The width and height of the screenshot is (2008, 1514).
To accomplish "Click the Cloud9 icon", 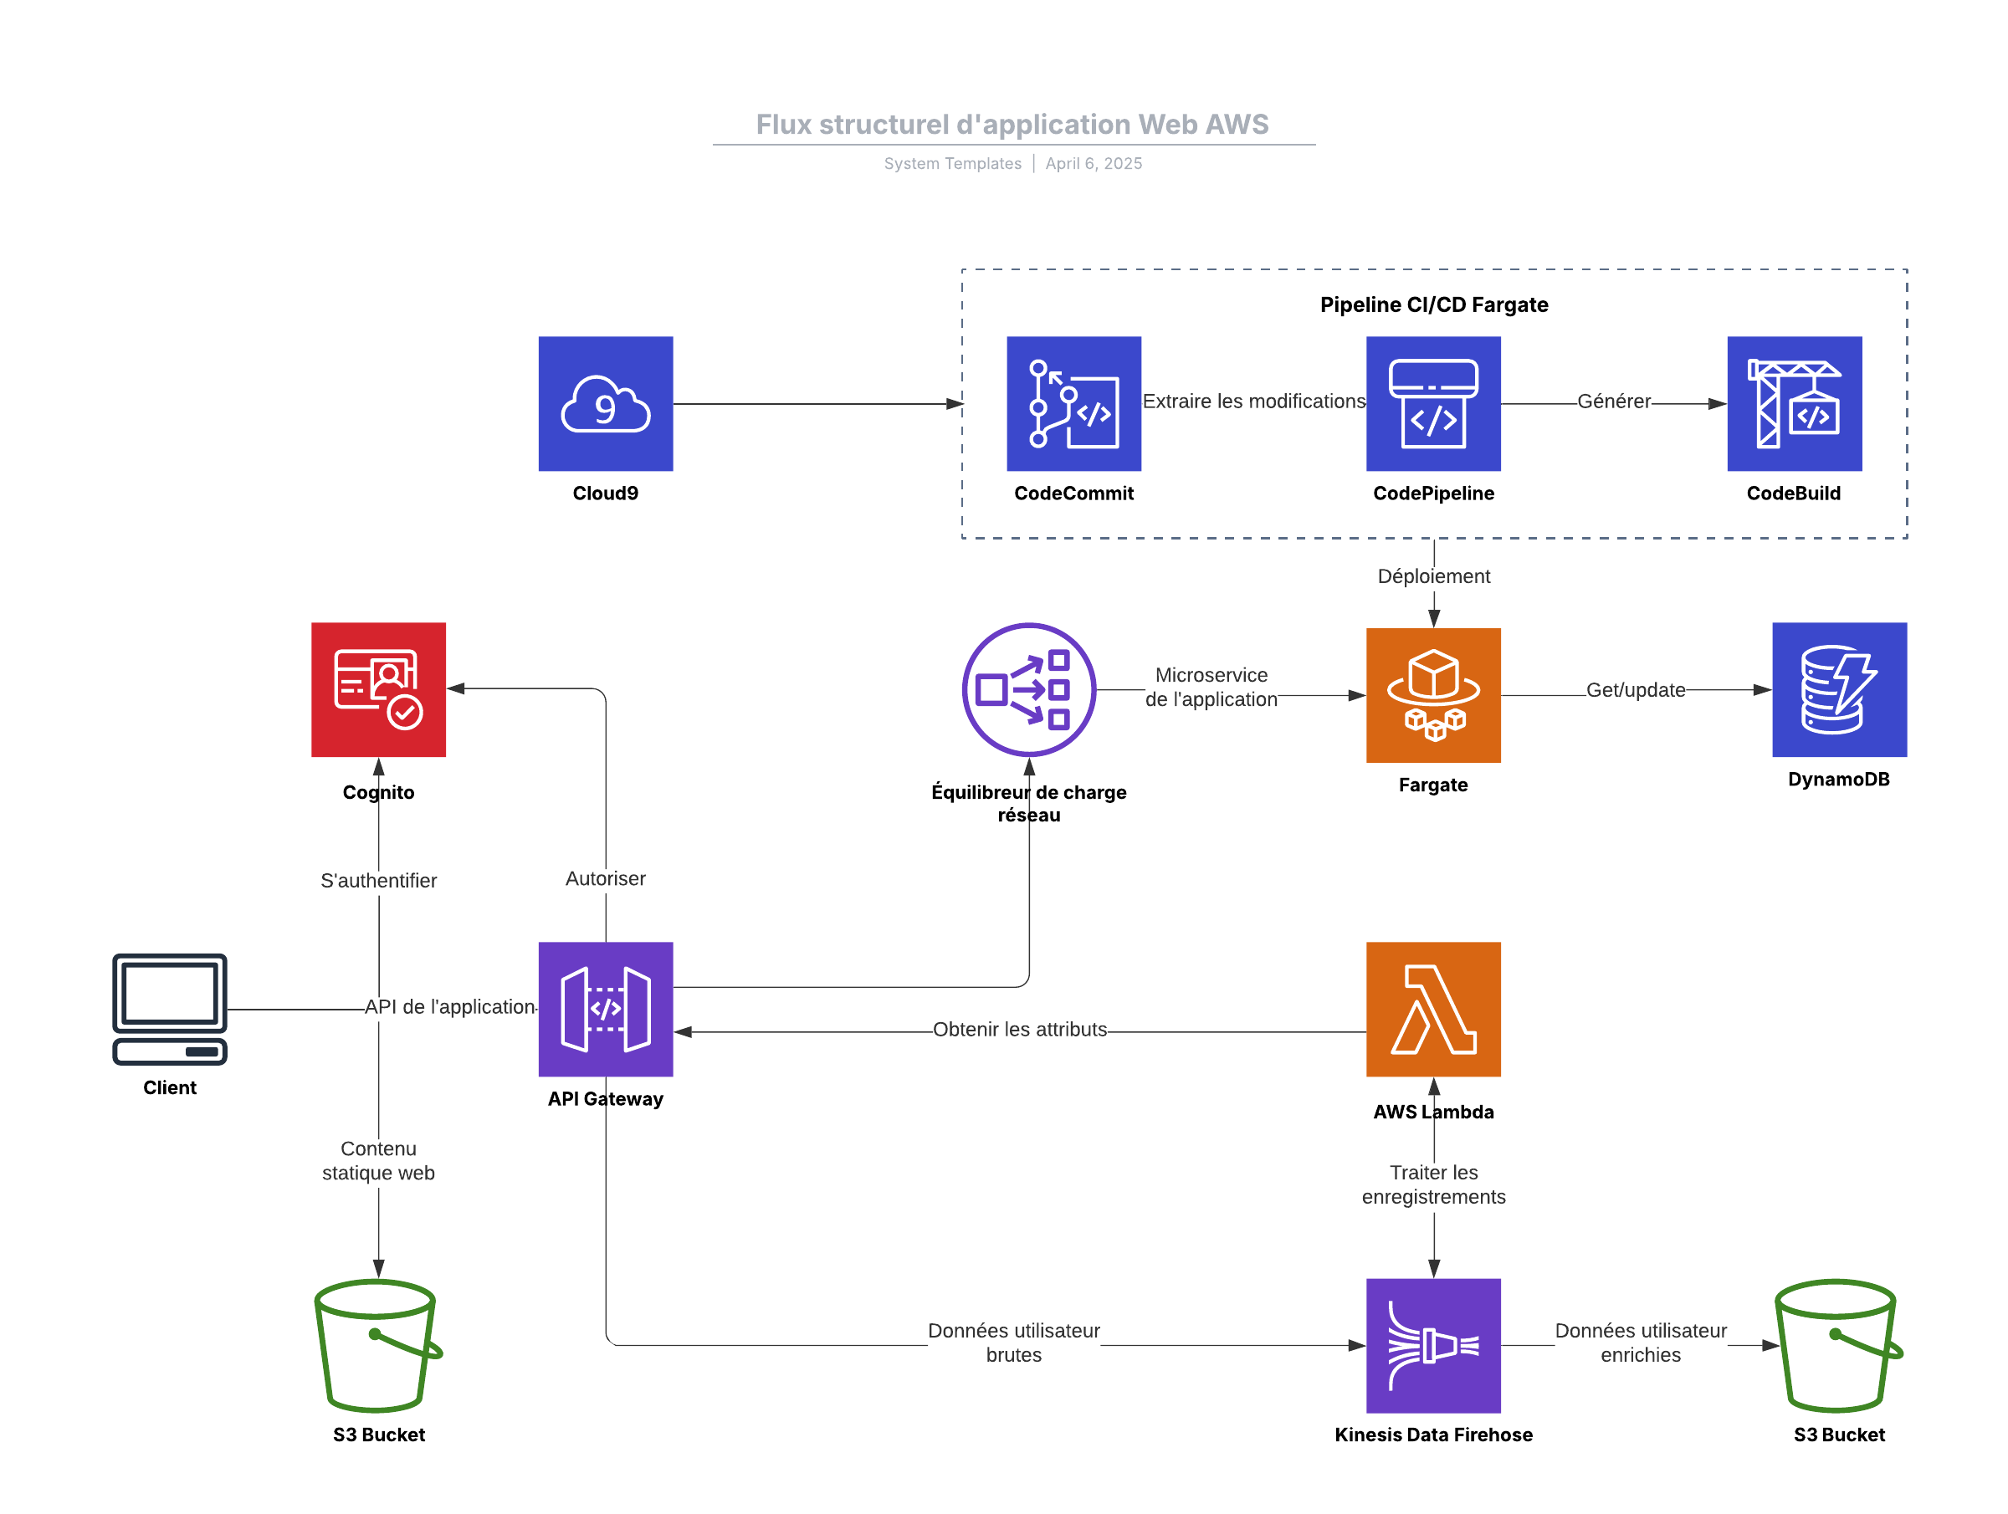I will click(x=606, y=404).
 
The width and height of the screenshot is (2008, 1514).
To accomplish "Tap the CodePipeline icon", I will click(x=1432, y=404).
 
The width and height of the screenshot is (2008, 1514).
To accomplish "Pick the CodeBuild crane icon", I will click(x=1794, y=404).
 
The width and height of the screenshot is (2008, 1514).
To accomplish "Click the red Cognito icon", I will click(x=378, y=690).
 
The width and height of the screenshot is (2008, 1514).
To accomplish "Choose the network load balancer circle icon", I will click(x=1028, y=690).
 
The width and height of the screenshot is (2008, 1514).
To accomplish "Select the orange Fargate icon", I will click(x=1432, y=695).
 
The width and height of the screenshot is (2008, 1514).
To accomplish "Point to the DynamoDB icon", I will click(x=1839, y=690).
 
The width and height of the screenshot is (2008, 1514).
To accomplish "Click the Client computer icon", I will click(x=170, y=1009).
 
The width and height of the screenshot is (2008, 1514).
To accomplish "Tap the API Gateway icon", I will click(x=606, y=1010).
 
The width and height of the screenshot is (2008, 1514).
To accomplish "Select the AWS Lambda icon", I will click(x=1432, y=1010).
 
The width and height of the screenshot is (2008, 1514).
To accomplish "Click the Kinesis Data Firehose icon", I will click(x=1432, y=1345).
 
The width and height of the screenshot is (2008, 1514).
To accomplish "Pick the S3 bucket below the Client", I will click(x=377, y=1345).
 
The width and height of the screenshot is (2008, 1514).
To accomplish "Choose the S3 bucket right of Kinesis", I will click(x=1838, y=1345).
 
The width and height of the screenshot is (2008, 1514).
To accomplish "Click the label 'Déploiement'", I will click(x=1433, y=576).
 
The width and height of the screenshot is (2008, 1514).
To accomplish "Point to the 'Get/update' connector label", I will click(x=1635, y=690).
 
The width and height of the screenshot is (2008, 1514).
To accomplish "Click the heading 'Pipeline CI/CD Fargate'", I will click(x=1433, y=305).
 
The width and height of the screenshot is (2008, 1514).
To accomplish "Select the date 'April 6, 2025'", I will click(x=1093, y=163).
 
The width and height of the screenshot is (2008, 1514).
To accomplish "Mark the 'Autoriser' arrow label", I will click(x=606, y=878).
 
